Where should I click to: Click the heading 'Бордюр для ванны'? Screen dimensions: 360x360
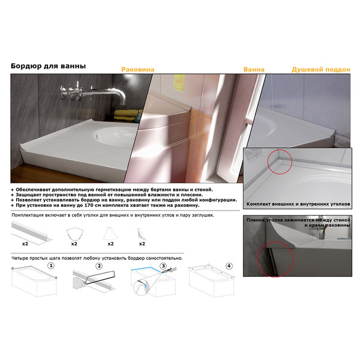point(48,66)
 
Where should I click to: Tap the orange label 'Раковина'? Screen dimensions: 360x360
point(138,70)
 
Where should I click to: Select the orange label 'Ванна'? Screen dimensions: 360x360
point(254,70)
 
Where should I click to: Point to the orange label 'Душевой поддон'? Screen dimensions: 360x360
point(321,70)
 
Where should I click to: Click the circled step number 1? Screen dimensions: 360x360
point(51,266)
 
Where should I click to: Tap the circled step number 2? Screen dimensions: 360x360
point(99,266)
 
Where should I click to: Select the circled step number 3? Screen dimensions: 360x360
point(163,266)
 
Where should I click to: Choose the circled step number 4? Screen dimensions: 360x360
point(229,266)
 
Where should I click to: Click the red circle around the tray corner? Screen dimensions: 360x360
point(280,161)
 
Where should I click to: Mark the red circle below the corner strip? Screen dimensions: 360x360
point(275,259)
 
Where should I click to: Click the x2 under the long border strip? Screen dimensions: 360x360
point(25,244)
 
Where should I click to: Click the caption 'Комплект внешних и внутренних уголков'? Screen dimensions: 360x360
point(298,204)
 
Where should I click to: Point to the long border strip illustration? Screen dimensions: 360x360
point(32,232)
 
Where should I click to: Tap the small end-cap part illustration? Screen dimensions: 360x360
point(140,234)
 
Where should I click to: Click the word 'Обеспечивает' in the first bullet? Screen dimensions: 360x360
point(33,190)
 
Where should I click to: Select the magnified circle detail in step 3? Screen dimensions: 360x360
point(141,287)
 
